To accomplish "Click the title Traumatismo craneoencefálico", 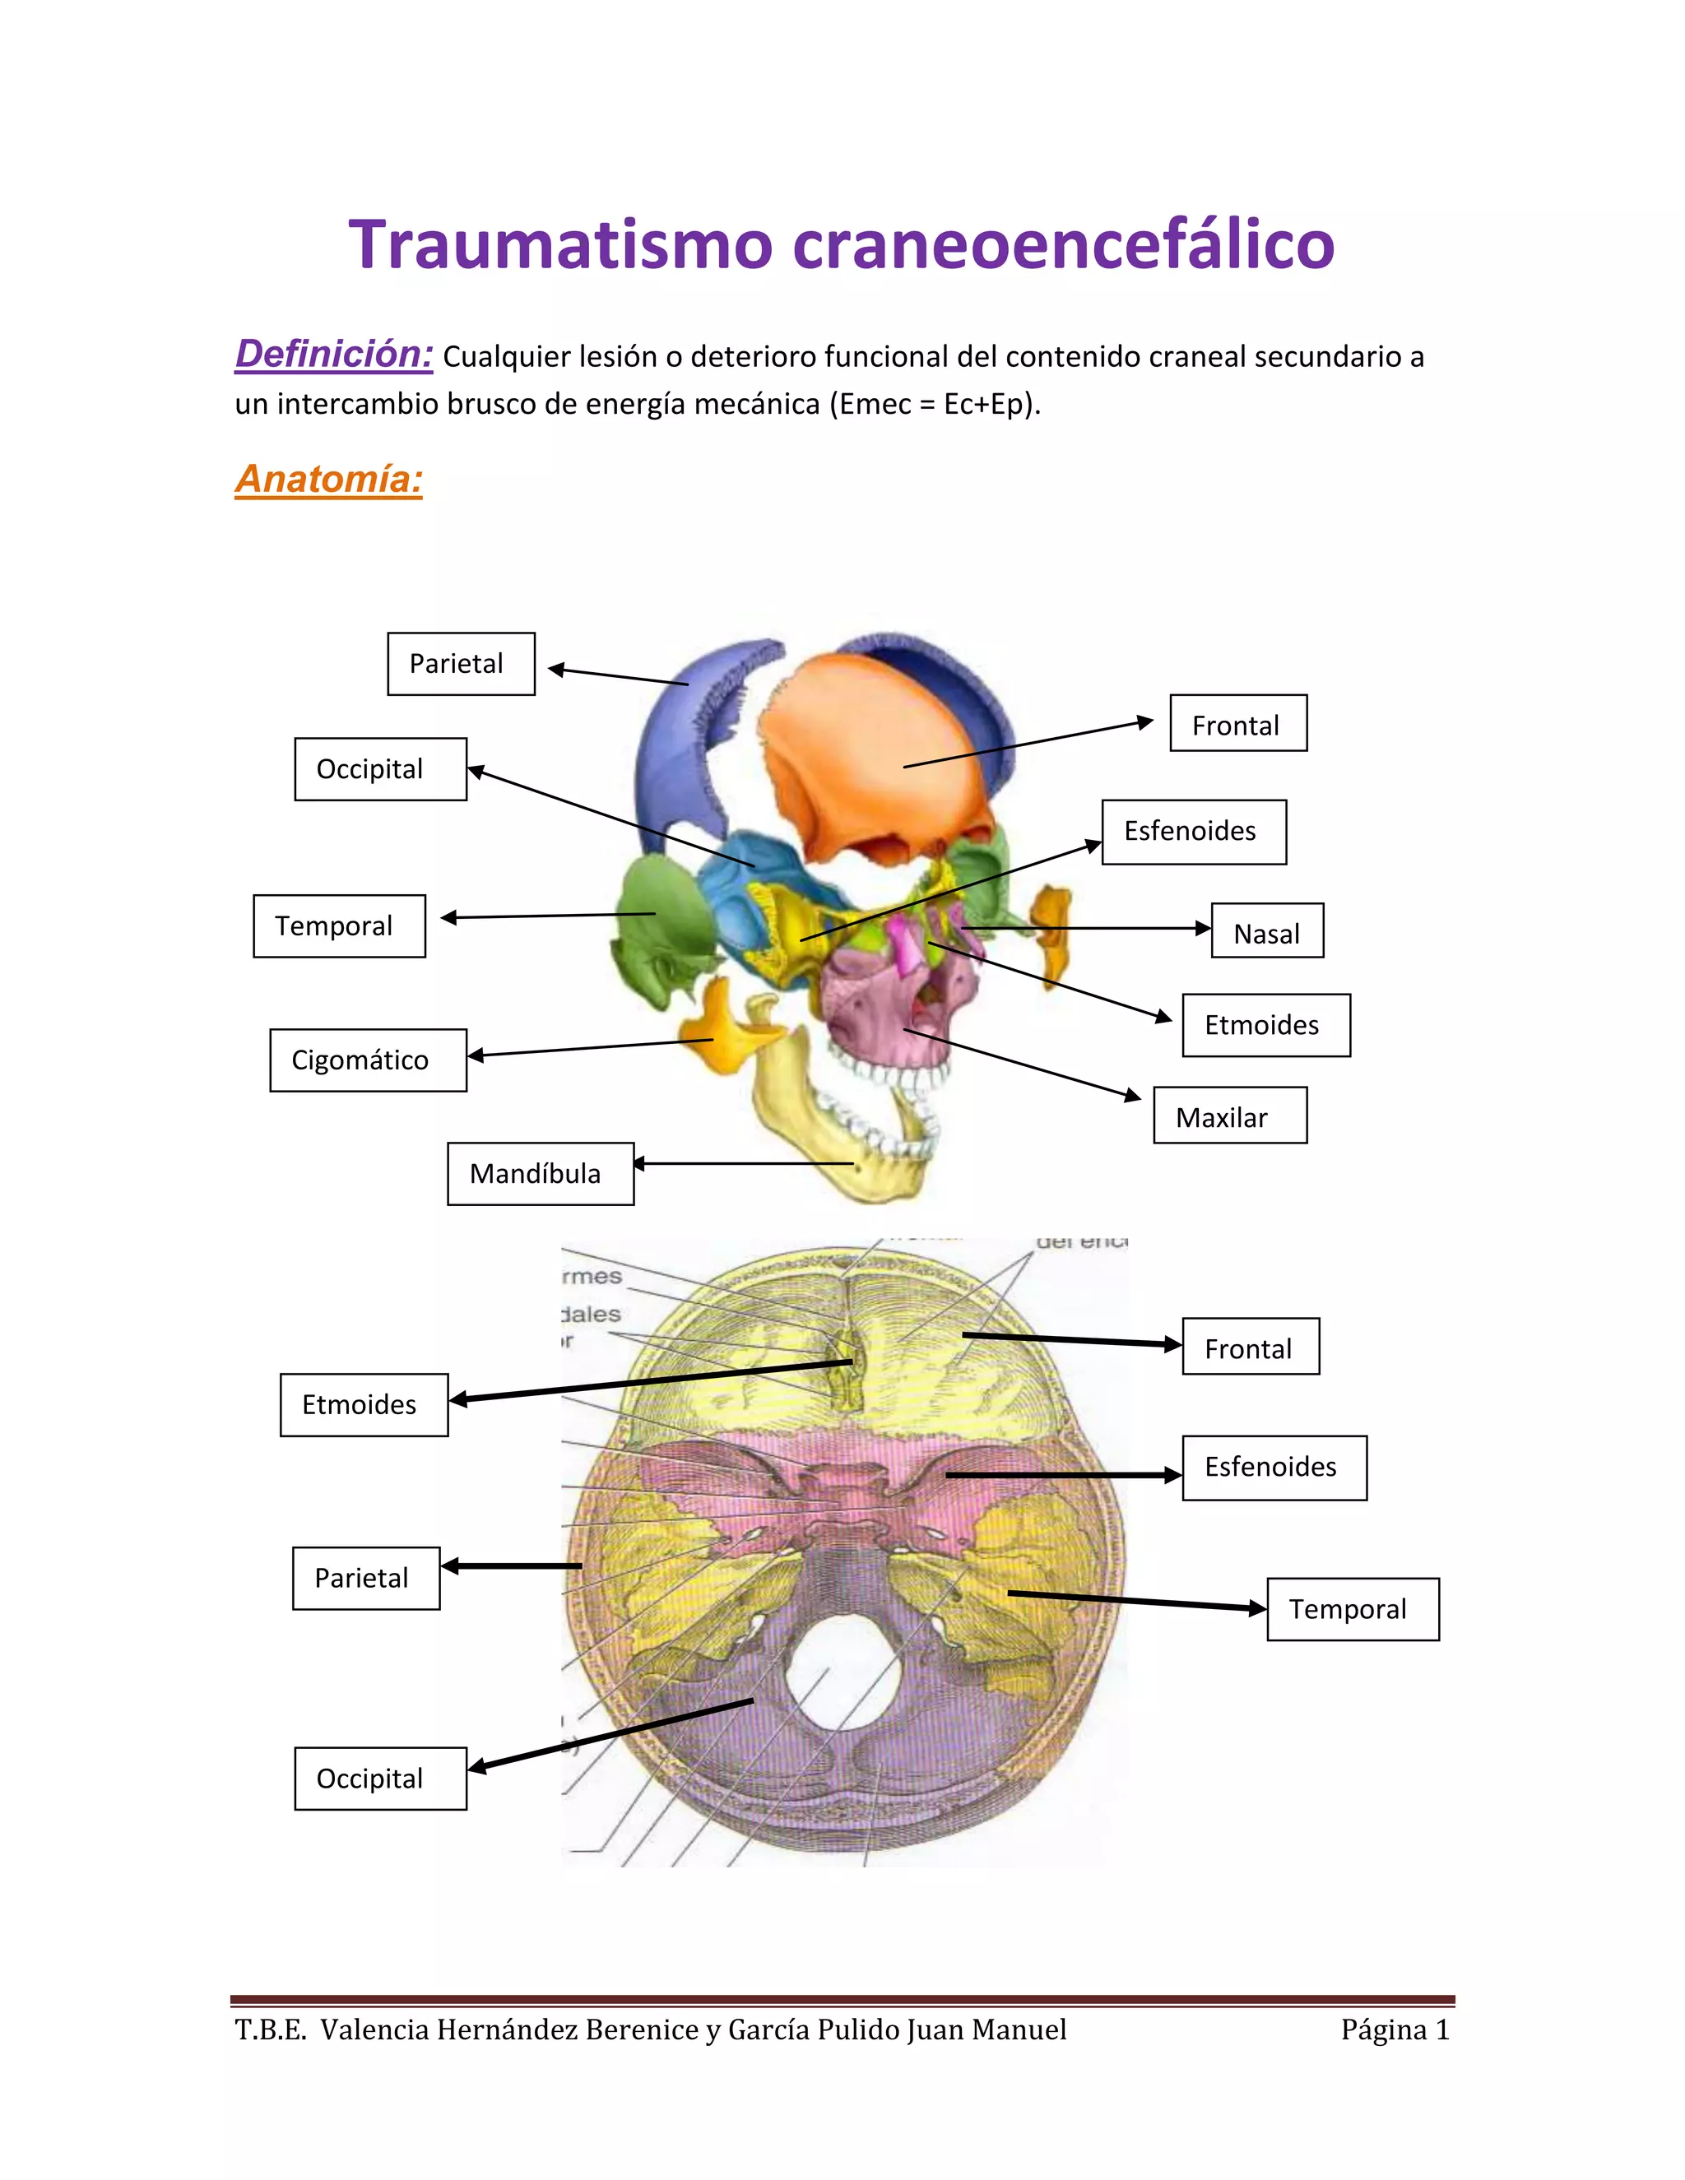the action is click(841, 244).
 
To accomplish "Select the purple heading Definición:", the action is click(333, 355).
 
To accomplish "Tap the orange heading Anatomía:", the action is click(328, 479).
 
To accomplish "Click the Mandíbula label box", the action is click(540, 1174).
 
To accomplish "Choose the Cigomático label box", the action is click(367, 1060).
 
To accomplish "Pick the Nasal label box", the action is click(1267, 931).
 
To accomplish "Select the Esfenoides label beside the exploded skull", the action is click(1193, 832).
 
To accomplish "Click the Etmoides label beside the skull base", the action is click(364, 1405).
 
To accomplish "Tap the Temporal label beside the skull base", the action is click(1352, 1609).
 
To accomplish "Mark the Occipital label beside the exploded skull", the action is click(379, 770).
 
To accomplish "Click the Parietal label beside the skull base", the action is click(365, 1578).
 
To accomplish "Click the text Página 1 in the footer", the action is click(1394, 2030).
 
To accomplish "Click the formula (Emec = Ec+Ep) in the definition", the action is click(935, 404).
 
